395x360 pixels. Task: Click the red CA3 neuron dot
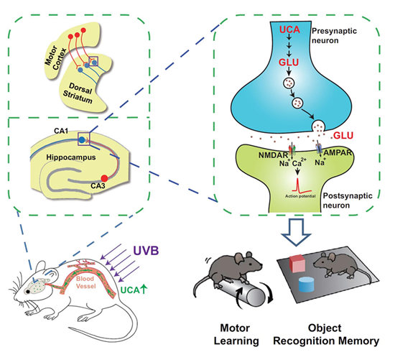coord(104,178)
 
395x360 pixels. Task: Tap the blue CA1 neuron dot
coord(82,139)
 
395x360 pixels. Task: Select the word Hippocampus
coord(71,157)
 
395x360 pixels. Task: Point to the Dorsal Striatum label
coord(78,93)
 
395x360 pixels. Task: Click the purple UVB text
coord(146,251)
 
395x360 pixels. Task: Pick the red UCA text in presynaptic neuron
coord(289,29)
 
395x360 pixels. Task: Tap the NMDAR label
coord(274,155)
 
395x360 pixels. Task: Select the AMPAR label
coord(338,152)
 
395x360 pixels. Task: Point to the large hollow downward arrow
coord(296,231)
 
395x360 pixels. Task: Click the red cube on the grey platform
coord(297,264)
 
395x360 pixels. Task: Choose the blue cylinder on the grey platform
coord(307,285)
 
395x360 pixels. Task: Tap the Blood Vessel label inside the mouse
coord(85,282)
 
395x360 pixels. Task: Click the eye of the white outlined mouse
coord(27,292)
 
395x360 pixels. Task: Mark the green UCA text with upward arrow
coord(134,290)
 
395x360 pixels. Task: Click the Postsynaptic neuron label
coord(348,200)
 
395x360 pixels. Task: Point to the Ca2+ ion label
coord(299,162)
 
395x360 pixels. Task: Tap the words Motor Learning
coord(236,334)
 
